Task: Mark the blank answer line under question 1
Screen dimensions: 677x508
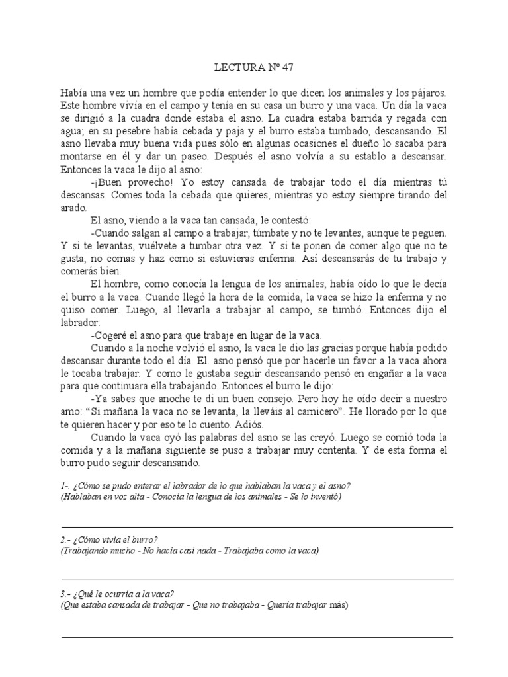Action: (x=257, y=527)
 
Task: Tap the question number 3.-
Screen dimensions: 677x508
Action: (x=65, y=594)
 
